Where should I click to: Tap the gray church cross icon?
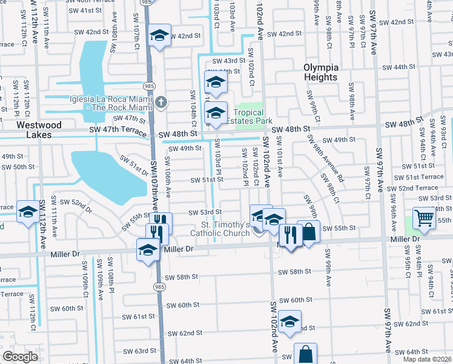(160, 102)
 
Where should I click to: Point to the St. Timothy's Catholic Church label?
(220, 228)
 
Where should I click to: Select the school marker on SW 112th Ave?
(28, 212)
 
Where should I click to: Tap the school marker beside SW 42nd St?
(160, 36)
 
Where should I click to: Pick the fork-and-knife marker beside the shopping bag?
(291, 235)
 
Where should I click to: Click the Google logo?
(20, 357)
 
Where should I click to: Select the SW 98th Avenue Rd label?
(326, 158)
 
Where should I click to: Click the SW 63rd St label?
(137, 351)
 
